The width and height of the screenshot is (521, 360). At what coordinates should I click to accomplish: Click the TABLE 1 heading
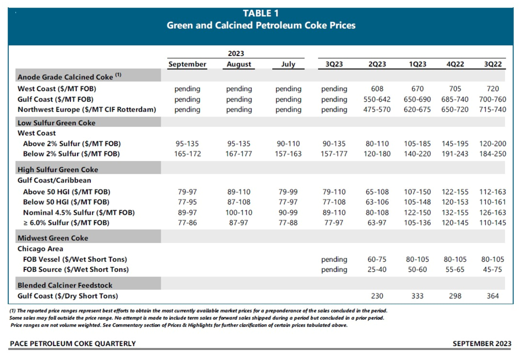tap(260, 14)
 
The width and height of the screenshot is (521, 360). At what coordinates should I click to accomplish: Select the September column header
tap(187, 64)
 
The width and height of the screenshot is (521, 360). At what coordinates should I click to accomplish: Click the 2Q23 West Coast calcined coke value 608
tap(377, 89)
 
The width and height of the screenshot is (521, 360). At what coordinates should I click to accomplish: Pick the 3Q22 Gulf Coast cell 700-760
tap(492, 99)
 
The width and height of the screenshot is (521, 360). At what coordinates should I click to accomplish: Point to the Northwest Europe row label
tap(86, 110)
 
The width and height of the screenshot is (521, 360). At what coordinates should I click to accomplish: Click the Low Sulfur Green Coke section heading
tap(56, 123)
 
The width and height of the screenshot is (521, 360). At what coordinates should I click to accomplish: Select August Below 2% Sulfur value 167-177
tap(239, 154)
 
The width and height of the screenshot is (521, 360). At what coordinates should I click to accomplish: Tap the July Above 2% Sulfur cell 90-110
tap(288, 143)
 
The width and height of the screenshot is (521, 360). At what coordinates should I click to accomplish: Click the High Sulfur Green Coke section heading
tap(57, 170)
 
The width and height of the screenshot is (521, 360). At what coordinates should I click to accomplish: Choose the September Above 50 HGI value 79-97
tap(187, 192)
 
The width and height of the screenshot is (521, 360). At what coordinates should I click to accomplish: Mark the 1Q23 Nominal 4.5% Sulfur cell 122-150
tap(417, 212)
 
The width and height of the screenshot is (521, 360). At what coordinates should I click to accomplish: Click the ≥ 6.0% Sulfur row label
tap(66, 222)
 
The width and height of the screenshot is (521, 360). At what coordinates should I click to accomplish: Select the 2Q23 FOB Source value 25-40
tap(377, 269)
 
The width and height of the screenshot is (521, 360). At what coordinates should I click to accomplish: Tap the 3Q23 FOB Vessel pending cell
tap(334, 259)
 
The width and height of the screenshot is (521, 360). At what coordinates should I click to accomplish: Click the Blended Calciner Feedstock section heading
tap(65, 285)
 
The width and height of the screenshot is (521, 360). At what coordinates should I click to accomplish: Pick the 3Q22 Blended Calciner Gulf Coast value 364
tap(492, 296)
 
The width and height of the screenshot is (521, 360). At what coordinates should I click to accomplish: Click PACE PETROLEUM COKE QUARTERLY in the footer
tap(72, 344)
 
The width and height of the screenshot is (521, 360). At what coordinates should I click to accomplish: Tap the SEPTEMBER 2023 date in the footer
tap(482, 344)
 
